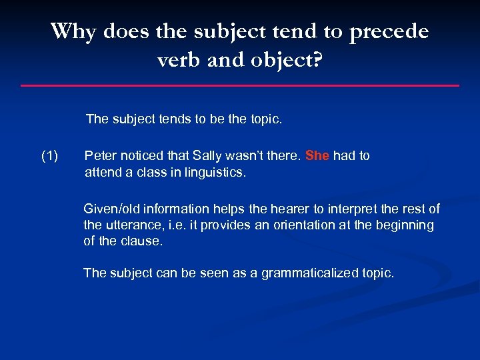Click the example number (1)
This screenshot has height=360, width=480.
pos(50,156)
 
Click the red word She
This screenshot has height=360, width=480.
pos(317,156)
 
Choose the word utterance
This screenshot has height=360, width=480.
pos(134,225)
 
